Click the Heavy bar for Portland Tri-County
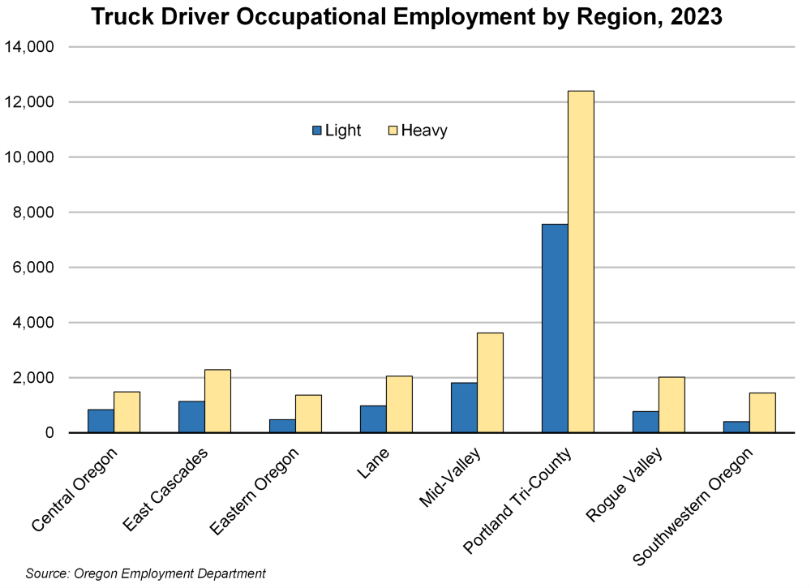581,262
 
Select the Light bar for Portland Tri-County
555,328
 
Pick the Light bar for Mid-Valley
464,408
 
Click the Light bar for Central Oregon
101,421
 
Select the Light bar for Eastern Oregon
282,426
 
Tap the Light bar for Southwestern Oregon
736,427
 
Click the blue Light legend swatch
317,131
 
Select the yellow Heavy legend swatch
393,131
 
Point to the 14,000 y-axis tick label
29,47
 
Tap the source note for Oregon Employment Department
146,573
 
